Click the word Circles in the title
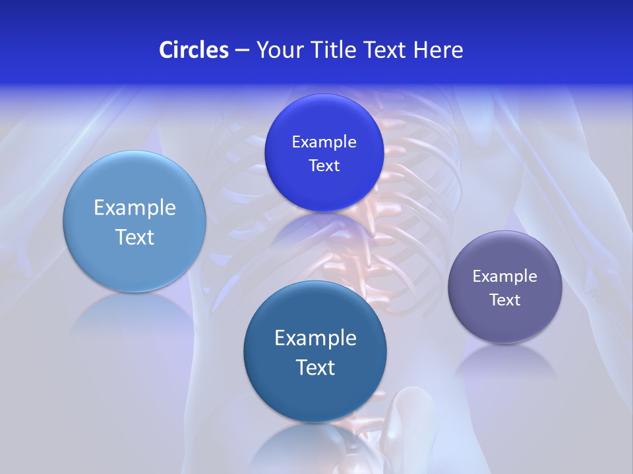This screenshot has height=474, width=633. tap(193, 50)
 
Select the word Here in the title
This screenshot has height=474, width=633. tap(438, 50)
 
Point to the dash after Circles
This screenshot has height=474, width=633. tap(242, 51)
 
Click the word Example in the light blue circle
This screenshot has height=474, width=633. tap(135, 208)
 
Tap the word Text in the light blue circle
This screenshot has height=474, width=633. tap(135, 237)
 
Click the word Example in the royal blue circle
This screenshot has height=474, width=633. tap(324, 142)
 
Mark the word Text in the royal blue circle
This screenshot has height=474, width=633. tap(324, 166)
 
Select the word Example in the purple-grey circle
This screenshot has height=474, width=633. tap(505, 276)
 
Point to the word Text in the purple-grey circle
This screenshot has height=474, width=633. tap(505, 300)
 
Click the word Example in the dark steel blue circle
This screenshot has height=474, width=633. tap(315, 338)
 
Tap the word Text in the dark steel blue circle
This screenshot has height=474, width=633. tap(315, 367)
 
